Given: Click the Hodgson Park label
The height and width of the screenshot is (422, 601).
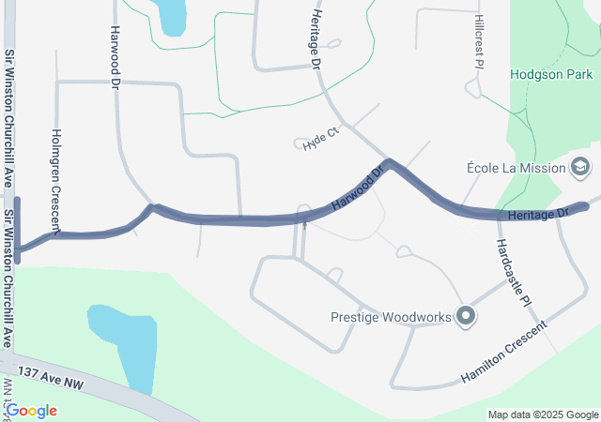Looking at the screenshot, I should (x=552, y=73).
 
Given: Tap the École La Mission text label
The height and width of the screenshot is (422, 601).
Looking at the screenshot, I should (x=516, y=169).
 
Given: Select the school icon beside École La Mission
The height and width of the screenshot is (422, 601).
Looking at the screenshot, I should (x=580, y=168).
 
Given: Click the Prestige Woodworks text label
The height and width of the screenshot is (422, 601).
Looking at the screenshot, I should (x=390, y=316).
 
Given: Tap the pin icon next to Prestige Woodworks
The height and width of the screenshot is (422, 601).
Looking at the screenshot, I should (x=464, y=316).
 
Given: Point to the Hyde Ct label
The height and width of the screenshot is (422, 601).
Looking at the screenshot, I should (x=320, y=137).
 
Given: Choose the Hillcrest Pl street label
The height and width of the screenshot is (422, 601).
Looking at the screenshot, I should (x=477, y=43).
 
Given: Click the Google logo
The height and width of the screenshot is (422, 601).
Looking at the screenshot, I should (x=31, y=411).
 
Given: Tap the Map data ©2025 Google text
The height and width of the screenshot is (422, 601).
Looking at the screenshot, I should (x=543, y=414).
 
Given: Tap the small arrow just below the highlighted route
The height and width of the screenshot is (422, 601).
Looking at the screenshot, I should (x=303, y=225).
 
